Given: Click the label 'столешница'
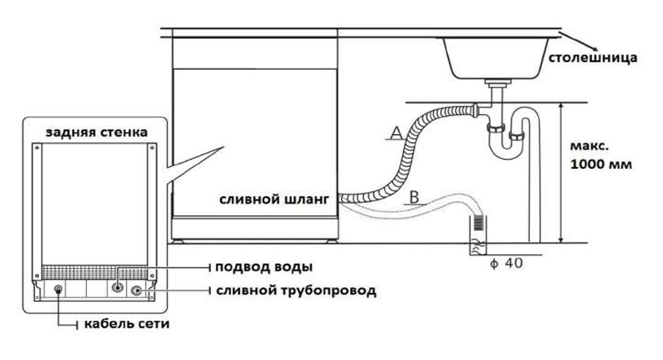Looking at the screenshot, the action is click(593, 57).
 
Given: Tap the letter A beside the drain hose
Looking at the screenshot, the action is click(396, 133).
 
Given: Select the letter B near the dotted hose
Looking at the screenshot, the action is click(415, 197).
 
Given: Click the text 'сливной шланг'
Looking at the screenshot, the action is click(274, 199).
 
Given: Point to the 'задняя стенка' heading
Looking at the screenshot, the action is click(97, 132).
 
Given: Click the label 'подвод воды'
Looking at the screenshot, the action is click(264, 267).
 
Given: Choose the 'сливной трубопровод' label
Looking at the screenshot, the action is click(296, 290).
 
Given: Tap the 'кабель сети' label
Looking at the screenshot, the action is click(127, 324).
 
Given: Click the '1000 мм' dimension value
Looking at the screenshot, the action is click(601, 164).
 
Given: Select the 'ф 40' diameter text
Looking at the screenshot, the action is click(506, 263).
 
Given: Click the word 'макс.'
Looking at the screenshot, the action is click(589, 146).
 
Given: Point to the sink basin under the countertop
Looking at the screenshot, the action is click(496, 58).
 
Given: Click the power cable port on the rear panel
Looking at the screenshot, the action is click(58, 290).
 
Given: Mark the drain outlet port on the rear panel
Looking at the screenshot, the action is click(136, 290).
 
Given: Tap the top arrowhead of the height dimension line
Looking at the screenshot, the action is click(561, 107).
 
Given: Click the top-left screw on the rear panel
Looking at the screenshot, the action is click(37, 148).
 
